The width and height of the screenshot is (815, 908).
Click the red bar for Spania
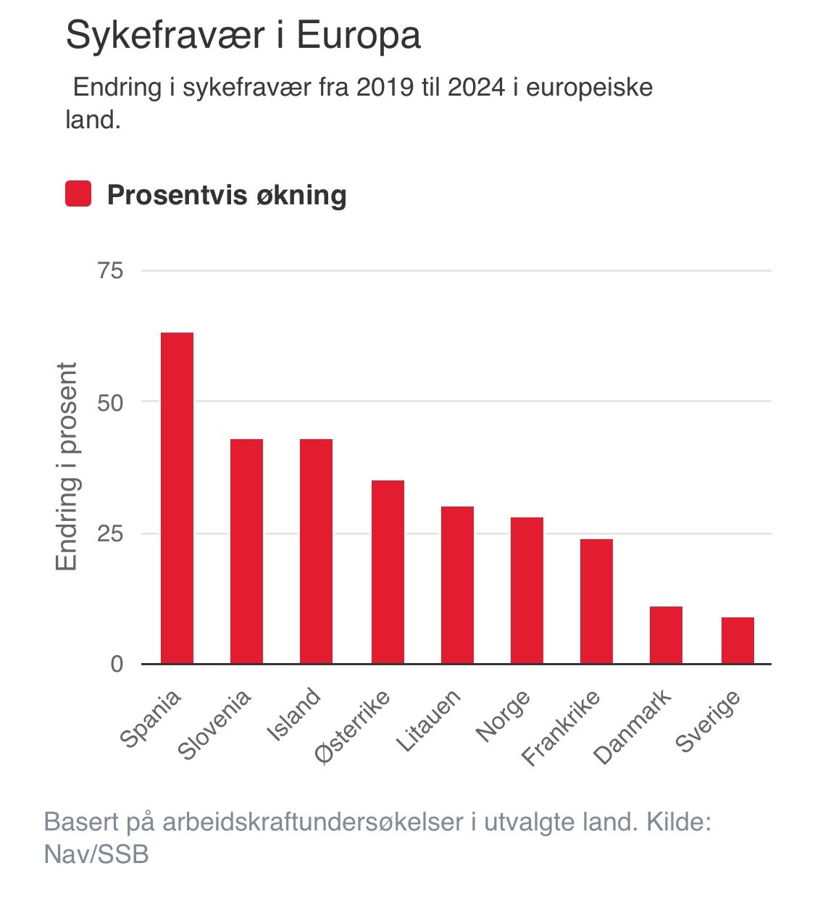pyautogui.click(x=177, y=498)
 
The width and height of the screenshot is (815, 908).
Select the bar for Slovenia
pyautogui.click(x=246, y=551)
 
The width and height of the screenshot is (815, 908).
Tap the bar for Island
pyautogui.click(x=316, y=551)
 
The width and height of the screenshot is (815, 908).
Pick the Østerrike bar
pyautogui.click(x=388, y=572)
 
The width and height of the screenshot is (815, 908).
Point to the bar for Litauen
pyautogui.click(x=457, y=585)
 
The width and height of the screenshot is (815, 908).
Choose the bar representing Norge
pyautogui.click(x=527, y=591)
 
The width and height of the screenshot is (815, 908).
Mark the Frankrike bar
pyautogui.click(x=596, y=601)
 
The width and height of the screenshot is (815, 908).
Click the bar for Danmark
pyautogui.click(x=666, y=635)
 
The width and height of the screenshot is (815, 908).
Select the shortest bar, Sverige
pyautogui.click(x=737, y=641)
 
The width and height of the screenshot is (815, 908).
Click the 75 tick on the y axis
pyautogui.click(x=111, y=271)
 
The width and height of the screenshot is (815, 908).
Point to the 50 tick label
pyautogui.click(x=111, y=402)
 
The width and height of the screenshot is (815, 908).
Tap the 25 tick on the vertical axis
pyautogui.click(x=111, y=534)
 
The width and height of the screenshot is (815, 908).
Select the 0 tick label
pyautogui.click(x=117, y=665)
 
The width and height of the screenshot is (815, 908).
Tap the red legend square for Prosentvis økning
pyautogui.click(x=78, y=194)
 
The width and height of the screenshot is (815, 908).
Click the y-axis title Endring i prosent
pyautogui.click(x=67, y=467)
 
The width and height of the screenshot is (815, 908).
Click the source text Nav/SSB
pyautogui.click(x=96, y=854)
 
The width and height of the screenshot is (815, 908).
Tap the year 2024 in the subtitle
pyautogui.click(x=476, y=88)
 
